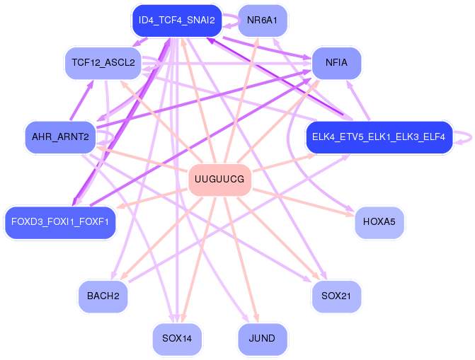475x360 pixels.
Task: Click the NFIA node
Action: coord(336,63)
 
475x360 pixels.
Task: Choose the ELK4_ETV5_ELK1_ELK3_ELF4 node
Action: coord(379,137)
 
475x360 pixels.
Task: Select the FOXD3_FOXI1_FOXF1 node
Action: coord(59,222)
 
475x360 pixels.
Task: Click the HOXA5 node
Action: coord(379,222)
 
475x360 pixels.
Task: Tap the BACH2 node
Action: coord(103,296)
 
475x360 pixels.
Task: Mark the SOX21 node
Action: coord(336,296)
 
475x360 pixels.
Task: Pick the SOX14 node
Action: coord(177,338)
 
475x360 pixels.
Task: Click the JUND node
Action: coord(262,338)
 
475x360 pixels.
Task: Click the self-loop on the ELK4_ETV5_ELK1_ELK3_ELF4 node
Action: coord(464,137)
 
